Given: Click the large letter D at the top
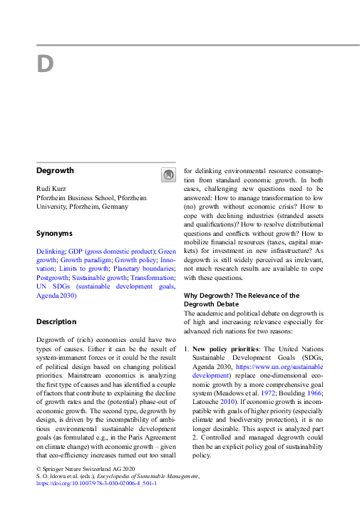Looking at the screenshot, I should [45, 64].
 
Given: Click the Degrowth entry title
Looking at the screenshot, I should [56, 171].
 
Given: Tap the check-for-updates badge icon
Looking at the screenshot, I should [168, 175].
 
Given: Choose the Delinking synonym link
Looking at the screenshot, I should [51, 252].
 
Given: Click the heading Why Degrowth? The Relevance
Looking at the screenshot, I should [242, 295].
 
